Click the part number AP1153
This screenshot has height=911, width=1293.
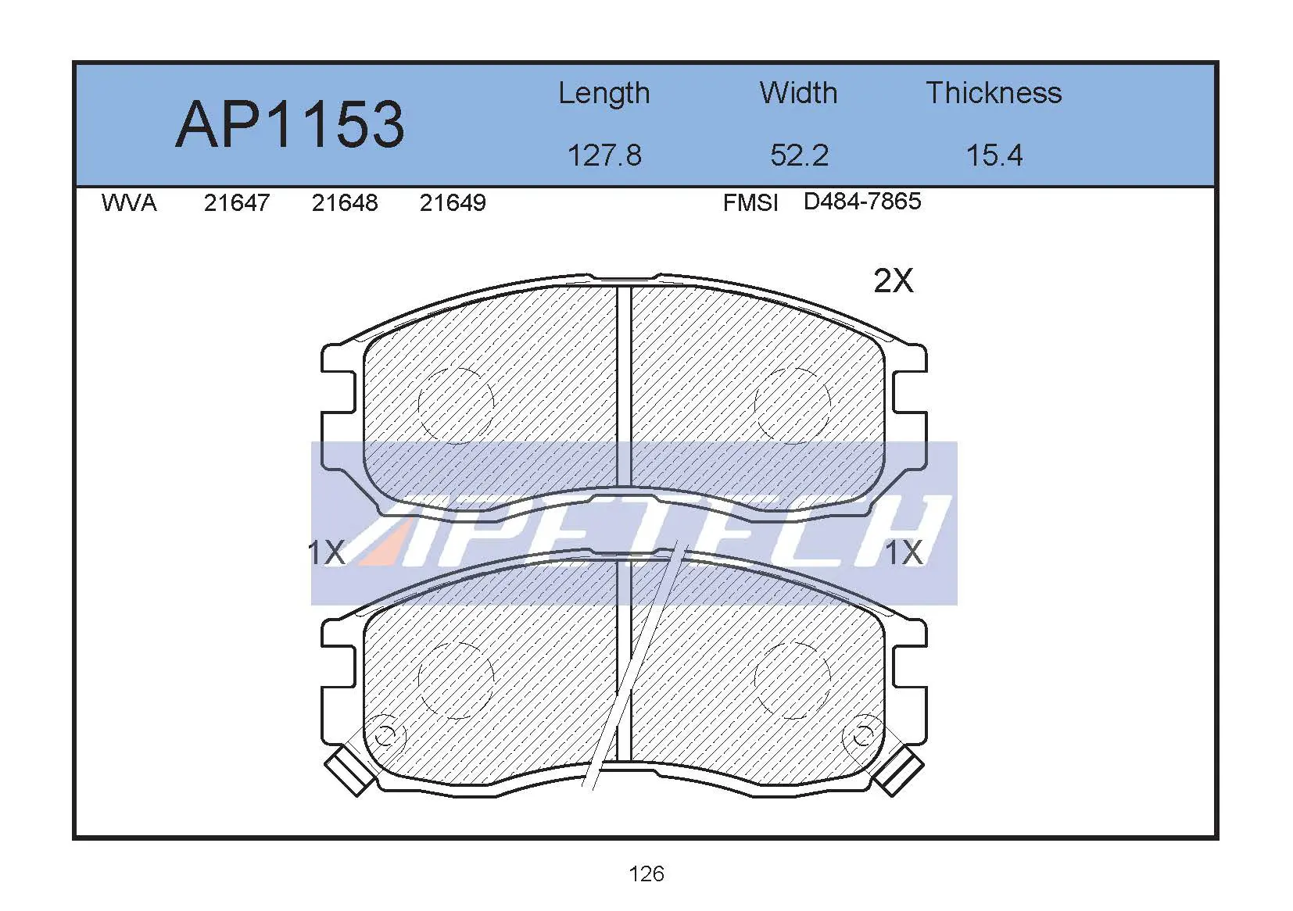tap(290, 125)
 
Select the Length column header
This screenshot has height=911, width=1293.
tap(604, 94)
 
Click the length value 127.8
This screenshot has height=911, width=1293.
tap(604, 155)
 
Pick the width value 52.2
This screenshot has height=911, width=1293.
tap(800, 155)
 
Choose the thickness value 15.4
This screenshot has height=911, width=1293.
tap(994, 155)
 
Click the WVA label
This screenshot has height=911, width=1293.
tap(129, 203)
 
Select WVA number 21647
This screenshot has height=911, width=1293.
tap(237, 203)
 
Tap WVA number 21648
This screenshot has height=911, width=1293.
tap(345, 203)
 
